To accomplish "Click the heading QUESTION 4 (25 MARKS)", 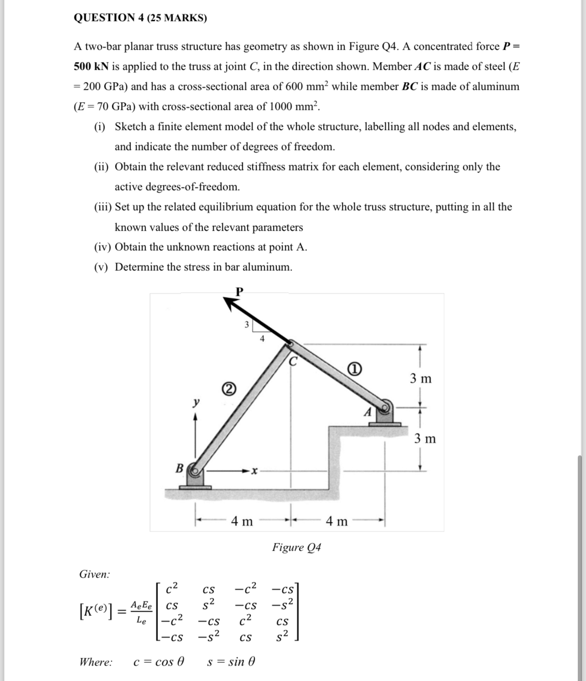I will click(x=140, y=18).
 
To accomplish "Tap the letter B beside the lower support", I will click(x=180, y=468).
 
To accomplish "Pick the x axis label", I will click(x=254, y=470).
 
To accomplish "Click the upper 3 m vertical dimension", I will click(x=420, y=378).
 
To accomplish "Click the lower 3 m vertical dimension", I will click(x=425, y=439).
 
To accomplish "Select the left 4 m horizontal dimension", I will click(x=241, y=521).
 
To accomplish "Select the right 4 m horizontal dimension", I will click(x=337, y=521).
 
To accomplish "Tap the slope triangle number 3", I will click(x=246, y=325).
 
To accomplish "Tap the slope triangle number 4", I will click(x=262, y=338).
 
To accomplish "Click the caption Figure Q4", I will click(x=296, y=547).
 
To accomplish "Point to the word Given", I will click(x=94, y=574).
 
